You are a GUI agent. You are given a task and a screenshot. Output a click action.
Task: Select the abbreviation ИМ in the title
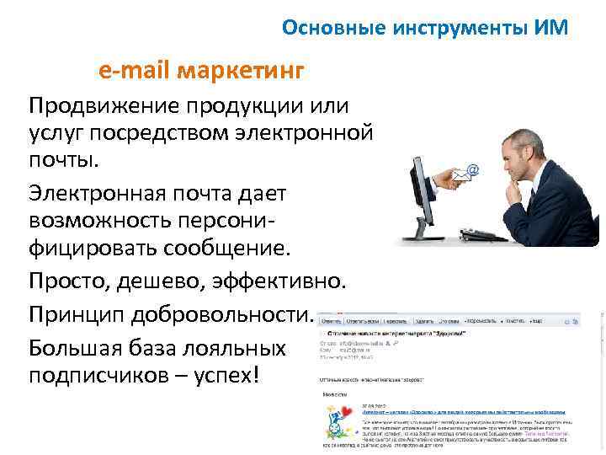tap(551, 28)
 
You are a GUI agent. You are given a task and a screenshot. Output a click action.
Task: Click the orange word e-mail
tap(135, 69)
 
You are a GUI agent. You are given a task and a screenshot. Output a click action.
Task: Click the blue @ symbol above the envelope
tap(473, 170)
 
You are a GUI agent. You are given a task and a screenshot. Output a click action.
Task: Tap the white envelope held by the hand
tap(460, 177)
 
